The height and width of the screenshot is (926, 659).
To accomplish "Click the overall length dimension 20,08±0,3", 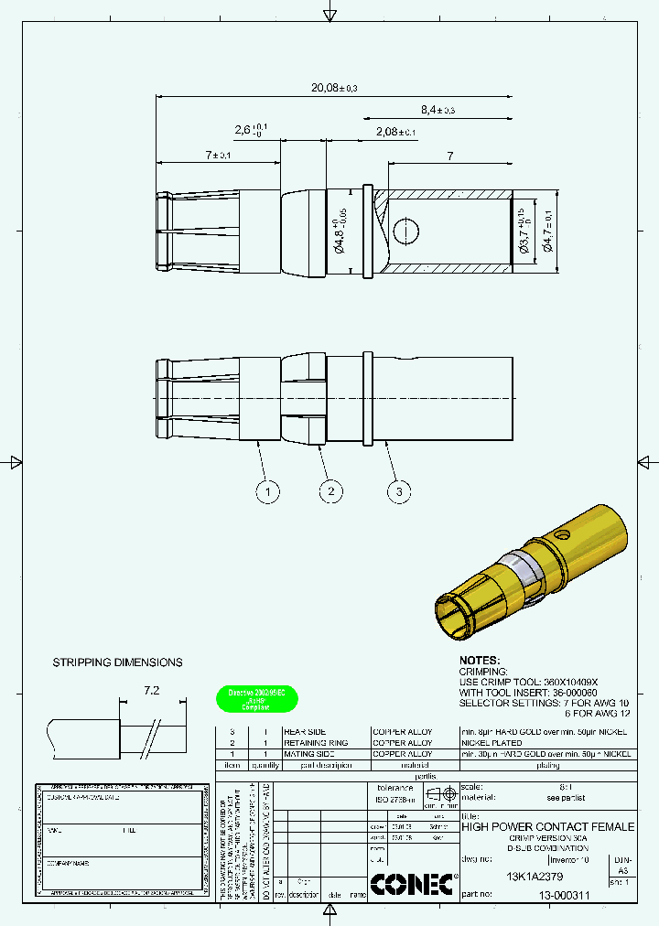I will [333, 87].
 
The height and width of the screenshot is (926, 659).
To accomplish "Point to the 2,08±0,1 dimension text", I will [395, 132].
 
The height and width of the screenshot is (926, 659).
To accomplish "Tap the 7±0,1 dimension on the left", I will [218, 155].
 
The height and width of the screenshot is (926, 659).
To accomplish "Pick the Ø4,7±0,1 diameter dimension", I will [548, 231].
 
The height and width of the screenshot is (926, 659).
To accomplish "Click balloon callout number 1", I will [266, 492].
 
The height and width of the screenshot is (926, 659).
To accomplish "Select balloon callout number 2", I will [330, 492].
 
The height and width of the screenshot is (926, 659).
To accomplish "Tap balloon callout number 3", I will [398, 492].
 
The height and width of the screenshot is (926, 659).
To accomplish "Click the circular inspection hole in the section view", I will [405, 231].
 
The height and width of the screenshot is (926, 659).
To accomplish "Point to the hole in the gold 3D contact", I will [565, 533].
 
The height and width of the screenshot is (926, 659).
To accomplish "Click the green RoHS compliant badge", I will [256, 700].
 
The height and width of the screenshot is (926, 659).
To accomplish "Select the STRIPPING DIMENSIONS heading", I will [117, 662].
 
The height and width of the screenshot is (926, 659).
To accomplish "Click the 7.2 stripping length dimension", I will [151, 693].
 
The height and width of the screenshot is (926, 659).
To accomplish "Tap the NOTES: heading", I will [480, 660].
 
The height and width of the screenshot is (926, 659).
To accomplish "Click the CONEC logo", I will [413, 884].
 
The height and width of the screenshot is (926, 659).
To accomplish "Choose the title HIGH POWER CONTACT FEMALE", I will [547, 826].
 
